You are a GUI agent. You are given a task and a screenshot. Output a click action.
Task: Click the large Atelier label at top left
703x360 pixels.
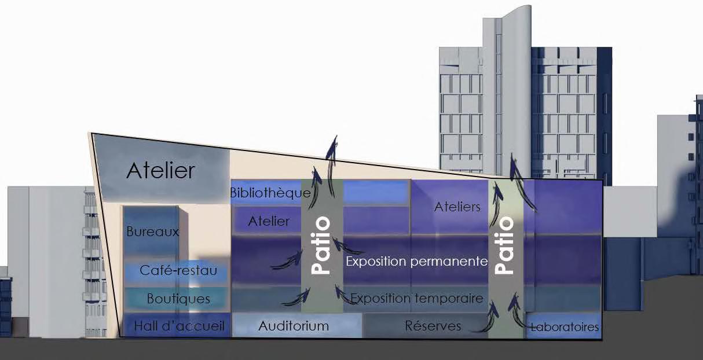point(161,171)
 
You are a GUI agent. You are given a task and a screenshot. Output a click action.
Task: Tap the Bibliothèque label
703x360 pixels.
point(270,193)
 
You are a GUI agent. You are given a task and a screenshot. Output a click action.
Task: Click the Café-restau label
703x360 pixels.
point(179,270)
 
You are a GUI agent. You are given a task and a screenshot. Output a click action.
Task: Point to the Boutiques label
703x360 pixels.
point(178,299)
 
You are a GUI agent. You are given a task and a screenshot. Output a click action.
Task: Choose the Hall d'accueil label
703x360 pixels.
point(179,326)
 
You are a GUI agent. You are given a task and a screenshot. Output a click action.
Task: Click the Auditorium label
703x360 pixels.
point(294,326)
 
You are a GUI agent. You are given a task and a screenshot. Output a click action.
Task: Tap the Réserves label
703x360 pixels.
point(433,326)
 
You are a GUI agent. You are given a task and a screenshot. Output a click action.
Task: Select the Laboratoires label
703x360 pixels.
point(565,328)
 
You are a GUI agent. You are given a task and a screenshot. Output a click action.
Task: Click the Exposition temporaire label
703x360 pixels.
point(417,299)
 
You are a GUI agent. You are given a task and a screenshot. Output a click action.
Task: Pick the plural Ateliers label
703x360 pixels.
point(457,207)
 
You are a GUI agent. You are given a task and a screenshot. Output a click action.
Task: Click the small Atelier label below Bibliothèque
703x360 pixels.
point(269,221)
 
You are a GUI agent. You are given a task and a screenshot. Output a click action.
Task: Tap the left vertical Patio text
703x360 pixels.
point(321,245)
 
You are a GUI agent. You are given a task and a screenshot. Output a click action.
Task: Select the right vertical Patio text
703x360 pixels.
point(505,245)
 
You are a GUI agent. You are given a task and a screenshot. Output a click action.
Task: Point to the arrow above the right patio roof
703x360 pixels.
point(514,166)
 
